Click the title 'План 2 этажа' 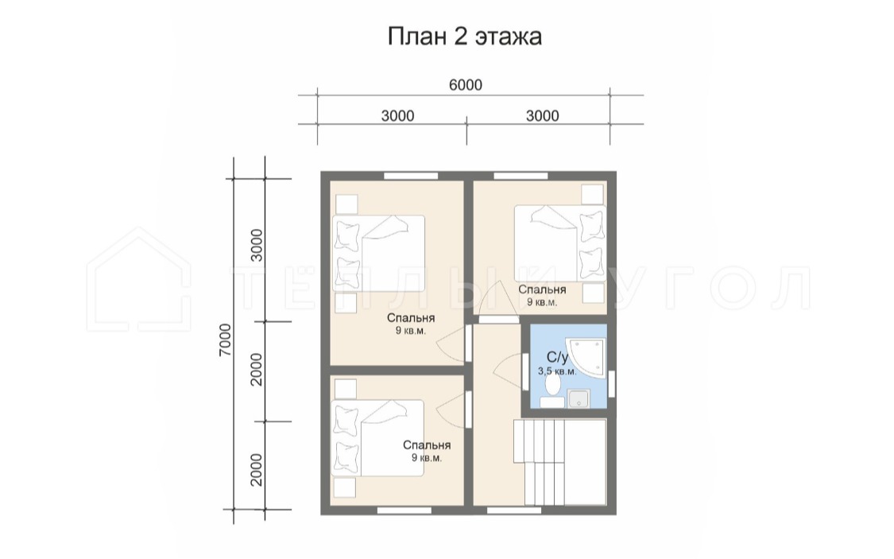tap(465, 37)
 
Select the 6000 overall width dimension tap(465, 85)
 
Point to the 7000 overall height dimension tap(225, 340)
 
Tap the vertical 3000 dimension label tap(257, 245)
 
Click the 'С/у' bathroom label tap(558, 357)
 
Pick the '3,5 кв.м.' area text tap(557, 371)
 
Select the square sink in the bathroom tap(579, 398)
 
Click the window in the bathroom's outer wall tap(611, 383)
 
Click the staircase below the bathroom tap(559, 462)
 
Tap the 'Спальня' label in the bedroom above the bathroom tap(542, 289)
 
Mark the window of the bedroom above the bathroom tap(521, 176)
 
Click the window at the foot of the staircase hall tap(514, 510)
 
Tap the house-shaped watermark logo tap(139, 280)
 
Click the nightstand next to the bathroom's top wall tap(593, 293)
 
